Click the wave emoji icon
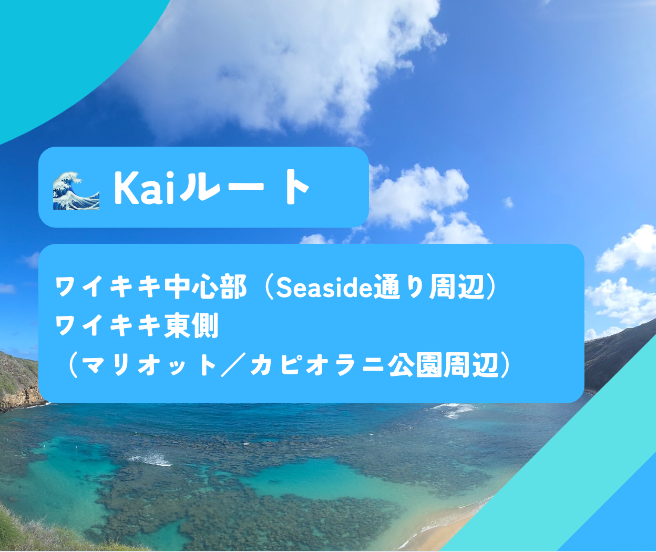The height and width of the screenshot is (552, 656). (76, 190)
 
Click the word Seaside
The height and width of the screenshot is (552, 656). (324, 288)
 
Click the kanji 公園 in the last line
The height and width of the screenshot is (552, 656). (415, 365)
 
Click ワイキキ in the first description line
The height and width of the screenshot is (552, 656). (109, 288)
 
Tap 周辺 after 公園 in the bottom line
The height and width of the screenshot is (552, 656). (470, 365)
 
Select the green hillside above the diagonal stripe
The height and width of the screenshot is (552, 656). (616, 355)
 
